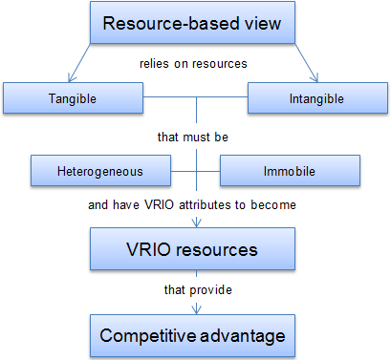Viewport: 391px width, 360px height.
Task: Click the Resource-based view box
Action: coord(192,23)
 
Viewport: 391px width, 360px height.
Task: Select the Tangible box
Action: coord(73,98)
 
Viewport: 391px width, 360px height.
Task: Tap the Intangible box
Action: coord(317,98)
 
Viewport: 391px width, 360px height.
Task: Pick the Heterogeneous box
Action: coord(100,171)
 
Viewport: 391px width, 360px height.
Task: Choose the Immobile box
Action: coord(290,171)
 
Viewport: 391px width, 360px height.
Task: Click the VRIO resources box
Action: coord(192,249)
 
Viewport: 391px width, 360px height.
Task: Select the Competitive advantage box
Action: coord(192,336)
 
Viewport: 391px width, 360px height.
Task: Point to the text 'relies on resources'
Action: coord(193,64)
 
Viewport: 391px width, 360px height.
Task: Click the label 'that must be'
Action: coord(193,138)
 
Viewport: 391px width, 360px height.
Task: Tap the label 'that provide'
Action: coord(198,290)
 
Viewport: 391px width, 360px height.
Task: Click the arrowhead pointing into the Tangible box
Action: coord(71,78)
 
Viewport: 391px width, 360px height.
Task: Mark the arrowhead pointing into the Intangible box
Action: coord(315,78)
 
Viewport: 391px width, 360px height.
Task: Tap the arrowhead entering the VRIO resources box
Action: coord(197,223)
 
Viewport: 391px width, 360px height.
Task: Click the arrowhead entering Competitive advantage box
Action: coord(197,309)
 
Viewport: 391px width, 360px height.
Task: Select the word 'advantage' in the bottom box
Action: coord(242,336)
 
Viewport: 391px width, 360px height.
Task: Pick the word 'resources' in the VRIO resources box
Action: coord(217,249)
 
